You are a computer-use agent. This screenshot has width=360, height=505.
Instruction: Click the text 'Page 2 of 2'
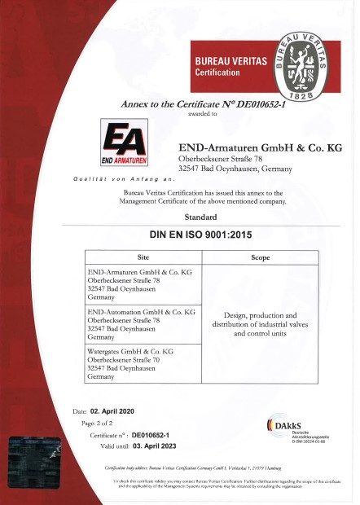click(103, 424)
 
